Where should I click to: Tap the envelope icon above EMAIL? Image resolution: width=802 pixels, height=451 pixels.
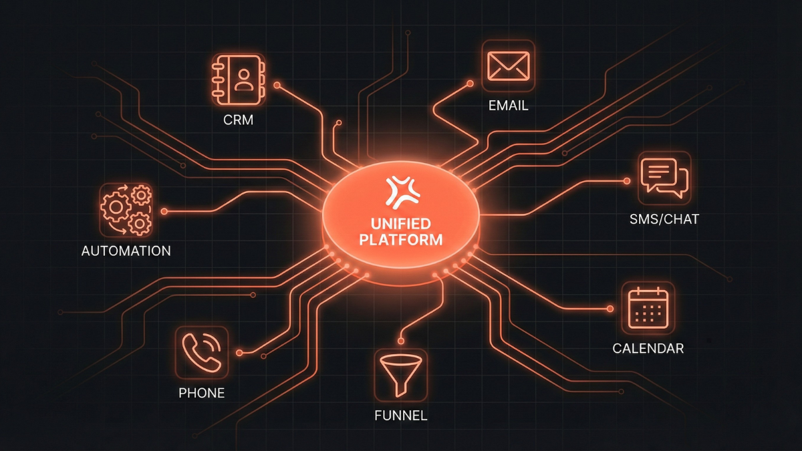click(x=508, y=66)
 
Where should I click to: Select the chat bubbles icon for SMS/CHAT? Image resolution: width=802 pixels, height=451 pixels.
click(x=663, y=178)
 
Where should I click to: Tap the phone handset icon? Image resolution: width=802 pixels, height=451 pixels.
click(x=201, y=351)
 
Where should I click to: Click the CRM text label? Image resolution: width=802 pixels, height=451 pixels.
click(x=238, y=122)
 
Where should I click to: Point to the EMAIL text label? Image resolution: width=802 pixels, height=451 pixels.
click(x=508, y=106)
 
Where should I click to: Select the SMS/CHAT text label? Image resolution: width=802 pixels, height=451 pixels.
click(x=664, y=218)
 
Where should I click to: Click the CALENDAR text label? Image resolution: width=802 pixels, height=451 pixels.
click(x=648, y=349)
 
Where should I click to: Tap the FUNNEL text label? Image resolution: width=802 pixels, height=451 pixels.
click(x=401, y=416)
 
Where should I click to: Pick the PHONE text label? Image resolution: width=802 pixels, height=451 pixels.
click(x=201, y=392)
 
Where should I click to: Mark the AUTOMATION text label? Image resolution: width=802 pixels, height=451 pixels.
click(x=126, y=251)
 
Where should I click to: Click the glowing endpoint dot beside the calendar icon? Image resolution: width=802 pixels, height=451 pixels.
click(x=610, y=309)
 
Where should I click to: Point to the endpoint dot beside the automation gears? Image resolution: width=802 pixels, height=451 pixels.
click(x=164, y=211)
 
